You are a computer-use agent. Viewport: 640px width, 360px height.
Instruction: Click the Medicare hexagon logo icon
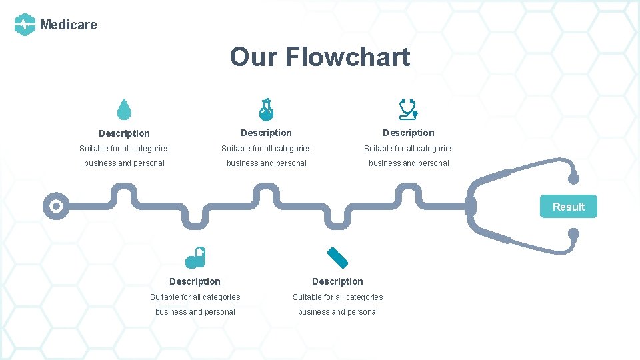(25, 25)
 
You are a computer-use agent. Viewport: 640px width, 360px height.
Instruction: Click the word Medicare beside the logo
(69, 25)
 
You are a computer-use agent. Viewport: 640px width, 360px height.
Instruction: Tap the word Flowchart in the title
(347, 57)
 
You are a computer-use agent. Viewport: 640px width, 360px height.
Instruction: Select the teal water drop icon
(124, 109)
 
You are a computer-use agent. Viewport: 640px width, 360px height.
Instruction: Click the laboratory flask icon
(267, 109)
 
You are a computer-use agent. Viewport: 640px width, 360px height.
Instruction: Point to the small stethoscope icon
(408, 109)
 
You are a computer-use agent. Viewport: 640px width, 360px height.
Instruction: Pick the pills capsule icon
(196, 257)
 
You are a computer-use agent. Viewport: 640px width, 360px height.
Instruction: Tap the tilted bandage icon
(337, 257)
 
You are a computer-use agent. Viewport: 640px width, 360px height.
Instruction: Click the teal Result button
(568, 207)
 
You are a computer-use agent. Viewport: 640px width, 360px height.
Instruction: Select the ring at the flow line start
(56, 206)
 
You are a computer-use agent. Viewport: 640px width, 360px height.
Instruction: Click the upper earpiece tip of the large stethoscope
(573, 178)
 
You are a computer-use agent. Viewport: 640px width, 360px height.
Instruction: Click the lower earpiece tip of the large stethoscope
(573, 234)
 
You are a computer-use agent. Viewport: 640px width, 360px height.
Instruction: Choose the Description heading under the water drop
(124, 133)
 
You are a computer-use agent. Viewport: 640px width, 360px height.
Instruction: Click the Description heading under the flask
(266, 133)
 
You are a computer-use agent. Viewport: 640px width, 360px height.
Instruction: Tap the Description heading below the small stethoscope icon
(408, 133)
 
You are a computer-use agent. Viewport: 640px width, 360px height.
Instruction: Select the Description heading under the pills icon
(195, 281)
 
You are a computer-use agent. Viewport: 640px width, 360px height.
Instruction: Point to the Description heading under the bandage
(337, 281)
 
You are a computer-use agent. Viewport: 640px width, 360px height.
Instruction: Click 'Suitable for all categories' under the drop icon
(124, 149)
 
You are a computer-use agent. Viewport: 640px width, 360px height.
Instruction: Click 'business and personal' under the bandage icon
(337, 312)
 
